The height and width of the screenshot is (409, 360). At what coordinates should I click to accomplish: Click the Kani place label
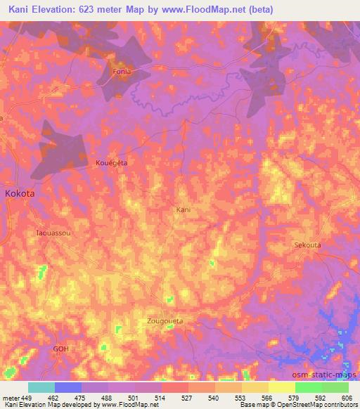pos(183,209)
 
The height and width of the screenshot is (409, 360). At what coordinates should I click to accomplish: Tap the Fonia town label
pos(123,72)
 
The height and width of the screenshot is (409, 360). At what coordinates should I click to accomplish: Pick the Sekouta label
pos(307,245)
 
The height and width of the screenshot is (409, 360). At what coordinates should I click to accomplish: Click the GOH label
pos(63,348)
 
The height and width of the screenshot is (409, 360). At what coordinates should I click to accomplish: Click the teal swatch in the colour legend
pos(41,387)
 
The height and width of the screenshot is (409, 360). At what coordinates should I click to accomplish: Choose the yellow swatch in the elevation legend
pos(281,387)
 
